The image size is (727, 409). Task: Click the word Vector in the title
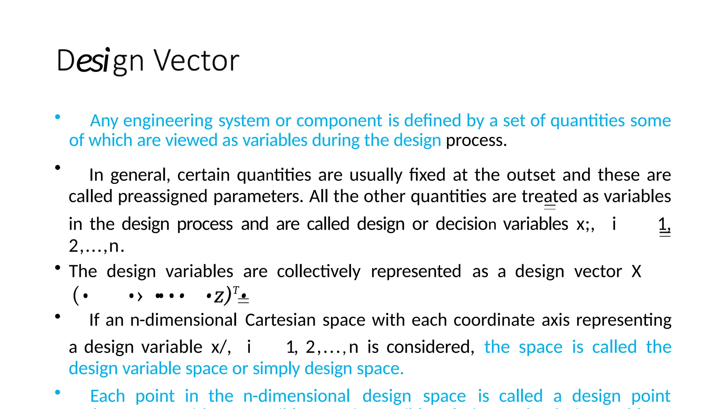click(196, 61)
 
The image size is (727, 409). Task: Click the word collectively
click(318, 272)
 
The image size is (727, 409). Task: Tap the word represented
click(416, 272)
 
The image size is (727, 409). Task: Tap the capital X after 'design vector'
click(636, 272)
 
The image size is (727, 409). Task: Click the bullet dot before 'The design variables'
click(58, 268)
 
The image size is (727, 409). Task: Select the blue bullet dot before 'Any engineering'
click(58, 116)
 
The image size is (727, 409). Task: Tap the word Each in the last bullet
click(108, 396)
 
